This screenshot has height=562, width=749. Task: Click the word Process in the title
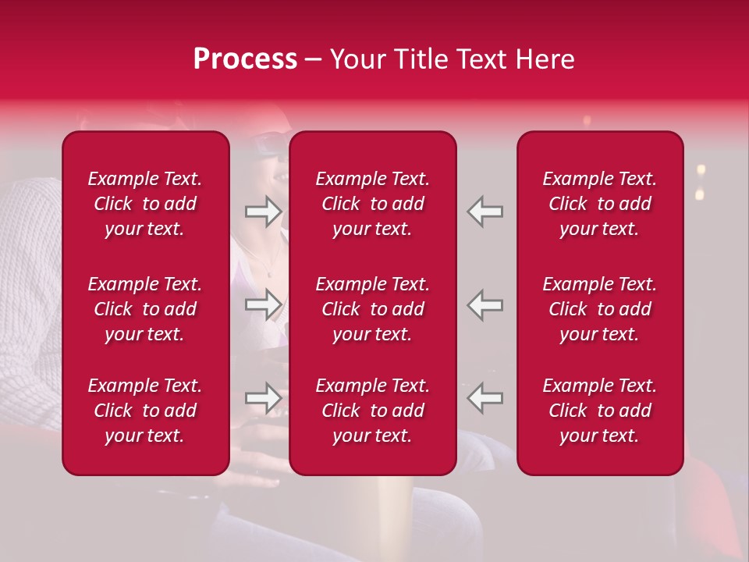tap(245, 59)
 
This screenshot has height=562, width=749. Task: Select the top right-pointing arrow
tap(263, 212)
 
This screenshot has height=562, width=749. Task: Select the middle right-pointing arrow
tap(263, 304)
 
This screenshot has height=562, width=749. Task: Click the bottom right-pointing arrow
tap(263, 398)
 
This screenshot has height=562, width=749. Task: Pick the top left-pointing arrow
tap(485, 212)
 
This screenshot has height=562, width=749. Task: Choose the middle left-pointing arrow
tap(485, 304)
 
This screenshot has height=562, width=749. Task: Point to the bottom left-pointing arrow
tap(485, 398)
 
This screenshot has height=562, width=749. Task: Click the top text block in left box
tap(145, 204)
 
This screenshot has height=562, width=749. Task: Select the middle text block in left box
tap(145, 309)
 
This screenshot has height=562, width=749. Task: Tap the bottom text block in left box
tap(145, 411)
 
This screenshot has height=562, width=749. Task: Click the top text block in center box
tap(372, 204)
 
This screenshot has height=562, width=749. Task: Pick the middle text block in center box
tap(372, 309)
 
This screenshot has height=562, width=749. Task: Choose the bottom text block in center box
tap(372, 411)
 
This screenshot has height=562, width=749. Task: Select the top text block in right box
tap(599, 204)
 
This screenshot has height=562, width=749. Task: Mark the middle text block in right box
tap(599, 309)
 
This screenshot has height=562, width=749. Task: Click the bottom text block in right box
tap(599, 411)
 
